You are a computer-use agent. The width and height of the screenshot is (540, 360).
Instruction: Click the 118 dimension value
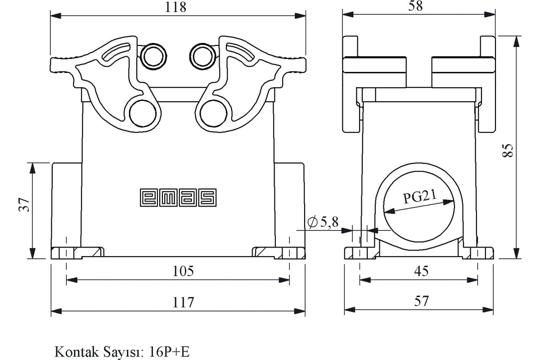coord(175,7)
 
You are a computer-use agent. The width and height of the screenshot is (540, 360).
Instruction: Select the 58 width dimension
coord(415,6)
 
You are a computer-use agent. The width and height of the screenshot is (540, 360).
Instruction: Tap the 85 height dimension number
coord(508,151)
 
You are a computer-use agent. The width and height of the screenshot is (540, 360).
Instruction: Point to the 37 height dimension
coord(24,205)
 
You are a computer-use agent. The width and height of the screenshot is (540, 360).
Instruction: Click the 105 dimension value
coord(183,271)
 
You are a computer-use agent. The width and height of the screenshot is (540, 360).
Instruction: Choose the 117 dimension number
coord(183,302)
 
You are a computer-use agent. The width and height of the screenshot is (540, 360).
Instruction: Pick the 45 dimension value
coord(421,271)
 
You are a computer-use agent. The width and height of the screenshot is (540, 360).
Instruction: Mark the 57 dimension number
coord(422,301)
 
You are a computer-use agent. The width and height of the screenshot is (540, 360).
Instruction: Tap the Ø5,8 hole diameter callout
coord(323,222)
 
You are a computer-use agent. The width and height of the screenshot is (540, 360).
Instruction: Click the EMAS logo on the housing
coord(178,198)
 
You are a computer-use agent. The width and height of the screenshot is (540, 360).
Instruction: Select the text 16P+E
coord(170,352)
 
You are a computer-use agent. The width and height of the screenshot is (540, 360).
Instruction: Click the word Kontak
coord(77,352)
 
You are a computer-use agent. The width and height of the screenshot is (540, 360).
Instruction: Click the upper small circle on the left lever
coord(153,57)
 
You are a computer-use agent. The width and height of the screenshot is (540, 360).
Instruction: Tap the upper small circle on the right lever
coord(202,57)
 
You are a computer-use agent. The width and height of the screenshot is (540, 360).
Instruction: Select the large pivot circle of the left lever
coord(143,114)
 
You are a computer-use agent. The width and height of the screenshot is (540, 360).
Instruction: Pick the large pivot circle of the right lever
coord(214,114)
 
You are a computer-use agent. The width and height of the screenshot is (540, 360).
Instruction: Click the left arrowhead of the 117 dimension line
coord(56,311)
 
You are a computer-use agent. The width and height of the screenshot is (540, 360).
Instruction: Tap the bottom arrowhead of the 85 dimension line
coord(516,253)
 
